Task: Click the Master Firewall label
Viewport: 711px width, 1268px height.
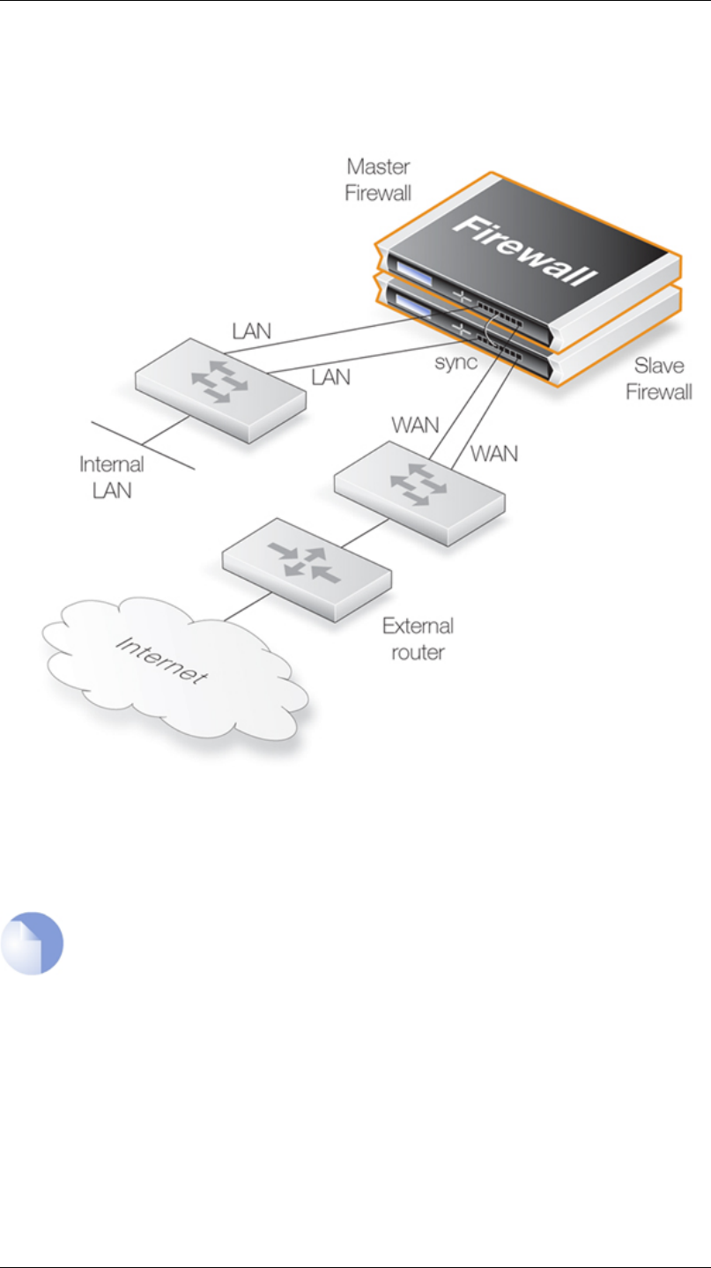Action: tap(378, 180)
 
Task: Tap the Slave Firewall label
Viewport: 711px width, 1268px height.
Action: tap(659, 379)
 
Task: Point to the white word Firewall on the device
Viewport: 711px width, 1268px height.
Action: tap(525, 249)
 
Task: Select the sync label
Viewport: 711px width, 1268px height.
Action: tap(455, 362)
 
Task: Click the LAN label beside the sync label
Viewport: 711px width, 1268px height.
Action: tap(330, 377)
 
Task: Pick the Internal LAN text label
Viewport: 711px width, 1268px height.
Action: tap(112, 478)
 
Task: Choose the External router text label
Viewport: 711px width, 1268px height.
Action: tap(418, 639)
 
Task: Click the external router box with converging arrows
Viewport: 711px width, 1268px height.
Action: tap(307, 569)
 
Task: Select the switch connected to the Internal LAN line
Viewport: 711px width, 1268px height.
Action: tap(220, 390)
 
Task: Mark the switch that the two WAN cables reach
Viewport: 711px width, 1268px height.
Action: tap(419, 493)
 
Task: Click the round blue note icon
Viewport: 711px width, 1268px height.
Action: tap(32, 943)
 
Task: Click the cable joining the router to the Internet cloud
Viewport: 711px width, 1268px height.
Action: tap(248, 606)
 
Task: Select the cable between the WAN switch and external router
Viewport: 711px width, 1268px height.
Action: tap(365, 533)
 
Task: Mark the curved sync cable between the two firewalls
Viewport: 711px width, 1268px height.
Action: tap(492, 331)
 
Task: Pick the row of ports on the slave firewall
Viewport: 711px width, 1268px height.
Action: tap(500, 347)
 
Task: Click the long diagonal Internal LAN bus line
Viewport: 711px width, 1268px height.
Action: tap(143, 446)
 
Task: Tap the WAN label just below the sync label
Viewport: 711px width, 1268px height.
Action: tap(415, 425)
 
